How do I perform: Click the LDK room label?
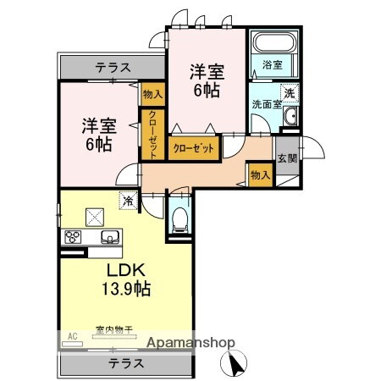126,271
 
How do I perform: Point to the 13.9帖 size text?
126,290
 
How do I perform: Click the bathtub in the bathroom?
273,42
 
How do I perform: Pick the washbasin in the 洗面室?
289,117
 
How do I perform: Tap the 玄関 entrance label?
286,157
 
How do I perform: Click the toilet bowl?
179,220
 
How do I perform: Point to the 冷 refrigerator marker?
127,201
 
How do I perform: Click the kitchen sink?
109,237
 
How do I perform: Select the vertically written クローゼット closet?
153,135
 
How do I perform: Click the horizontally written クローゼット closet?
194,147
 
